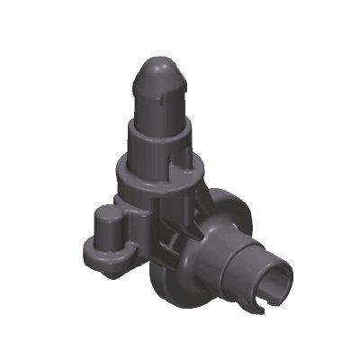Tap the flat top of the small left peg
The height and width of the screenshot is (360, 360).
(107, 212)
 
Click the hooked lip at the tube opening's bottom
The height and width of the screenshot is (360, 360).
(262, 310)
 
